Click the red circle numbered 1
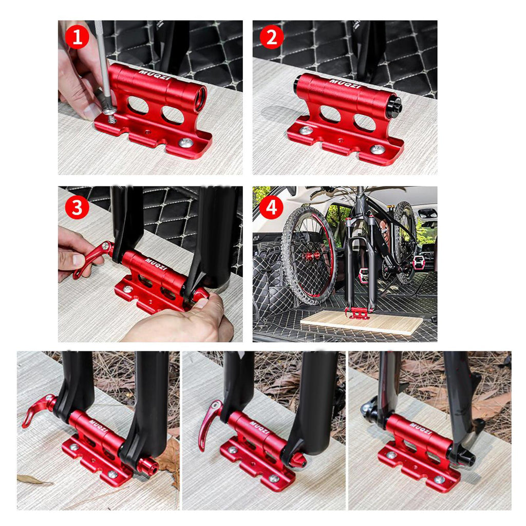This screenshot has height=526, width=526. (x=77, y=37)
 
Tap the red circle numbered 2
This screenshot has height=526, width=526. (x=272, y=37)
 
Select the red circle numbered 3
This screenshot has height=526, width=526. (x=77, y=208)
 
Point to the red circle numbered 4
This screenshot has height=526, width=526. (x=271, y=208)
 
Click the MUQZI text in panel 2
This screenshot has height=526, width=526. (x=345, y=84)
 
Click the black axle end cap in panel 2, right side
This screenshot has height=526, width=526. (x=394, y=108)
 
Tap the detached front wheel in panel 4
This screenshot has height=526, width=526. (x=309, y=255)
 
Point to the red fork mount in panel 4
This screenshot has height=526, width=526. (x=358, y=313)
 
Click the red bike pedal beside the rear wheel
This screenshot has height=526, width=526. (x=419, y=262)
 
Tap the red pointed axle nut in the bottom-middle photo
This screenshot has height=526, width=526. (x=298, y=460)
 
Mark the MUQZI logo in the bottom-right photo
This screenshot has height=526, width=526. (x=420, y=429)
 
